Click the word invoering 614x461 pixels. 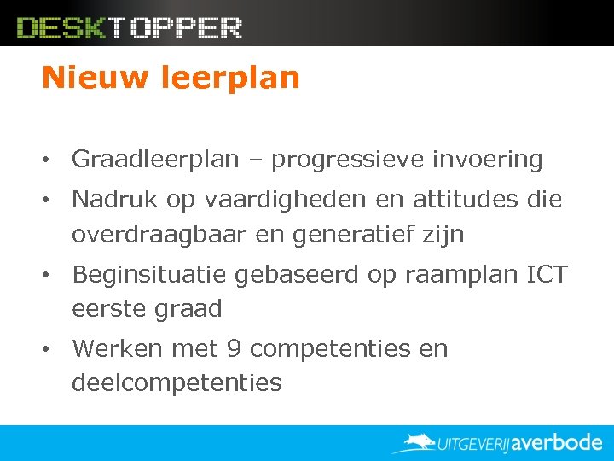489,160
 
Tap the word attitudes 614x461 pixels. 461,200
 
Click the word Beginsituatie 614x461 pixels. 153,275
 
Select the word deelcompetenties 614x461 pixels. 177,383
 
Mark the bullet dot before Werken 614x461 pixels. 52,350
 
